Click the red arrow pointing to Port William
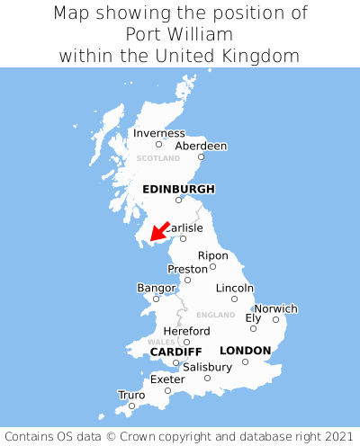[160, 231]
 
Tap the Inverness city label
[158, 133]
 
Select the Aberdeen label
[201, 146]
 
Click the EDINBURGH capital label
[178, 189]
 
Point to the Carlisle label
[184, 228]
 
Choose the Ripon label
[212, 255]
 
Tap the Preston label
[187, 269]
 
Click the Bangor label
[156, 288]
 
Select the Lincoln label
[235, 288]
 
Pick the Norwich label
[275, 308]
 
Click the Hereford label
[186, 331]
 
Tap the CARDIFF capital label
[175, 351]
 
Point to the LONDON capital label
[245, 350]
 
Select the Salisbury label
[207, 367]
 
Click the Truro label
[131, 395]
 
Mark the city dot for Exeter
[167, 390]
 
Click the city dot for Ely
[253, 328]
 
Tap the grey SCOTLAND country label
[158, 158]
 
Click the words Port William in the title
[180, 34]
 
